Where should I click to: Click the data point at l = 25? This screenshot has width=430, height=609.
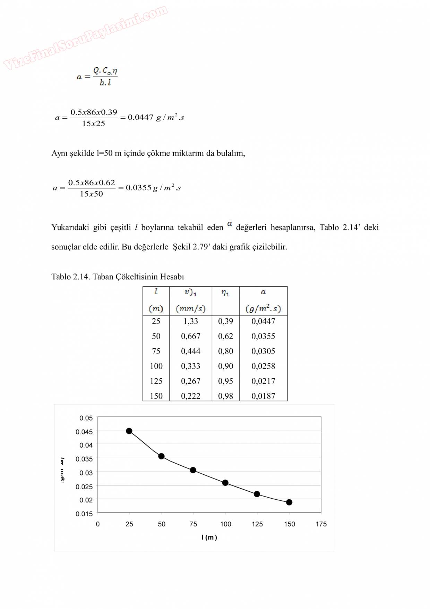click(x=129, y=431)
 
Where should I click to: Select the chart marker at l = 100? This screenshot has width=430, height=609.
click(x=225, y=483)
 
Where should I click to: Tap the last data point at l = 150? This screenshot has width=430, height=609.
click(x=289, y=502)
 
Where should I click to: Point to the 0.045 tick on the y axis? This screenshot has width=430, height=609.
click(x=84, y=432)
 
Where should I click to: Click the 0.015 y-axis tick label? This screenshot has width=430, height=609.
click(x=84, y=514)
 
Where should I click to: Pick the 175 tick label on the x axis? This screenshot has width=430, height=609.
click(x=321, y=524)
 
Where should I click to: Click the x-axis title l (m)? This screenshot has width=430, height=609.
click(x=209, y=538)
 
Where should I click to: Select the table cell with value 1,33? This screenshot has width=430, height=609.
click(x=191, y=321)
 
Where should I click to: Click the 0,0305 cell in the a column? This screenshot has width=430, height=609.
click(x=263, y=351)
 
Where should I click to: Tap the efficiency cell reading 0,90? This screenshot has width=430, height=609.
click(x=225, y=366)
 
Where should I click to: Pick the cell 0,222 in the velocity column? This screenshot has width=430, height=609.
click(x=191, y=396)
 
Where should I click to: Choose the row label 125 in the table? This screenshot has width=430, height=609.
click(x=156, y=381)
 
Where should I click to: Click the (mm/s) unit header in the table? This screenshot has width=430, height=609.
click(x=191, y=308)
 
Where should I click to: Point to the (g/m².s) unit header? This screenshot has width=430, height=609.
click(x=263, y=308)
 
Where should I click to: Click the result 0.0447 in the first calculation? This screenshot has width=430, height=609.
click(x=140, y=117)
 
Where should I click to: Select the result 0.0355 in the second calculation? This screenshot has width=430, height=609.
click(x=138, y=188)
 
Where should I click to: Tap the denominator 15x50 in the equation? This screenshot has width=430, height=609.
click(x=92, y=194)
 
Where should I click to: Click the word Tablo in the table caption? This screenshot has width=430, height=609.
click(x=61, y=277)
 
